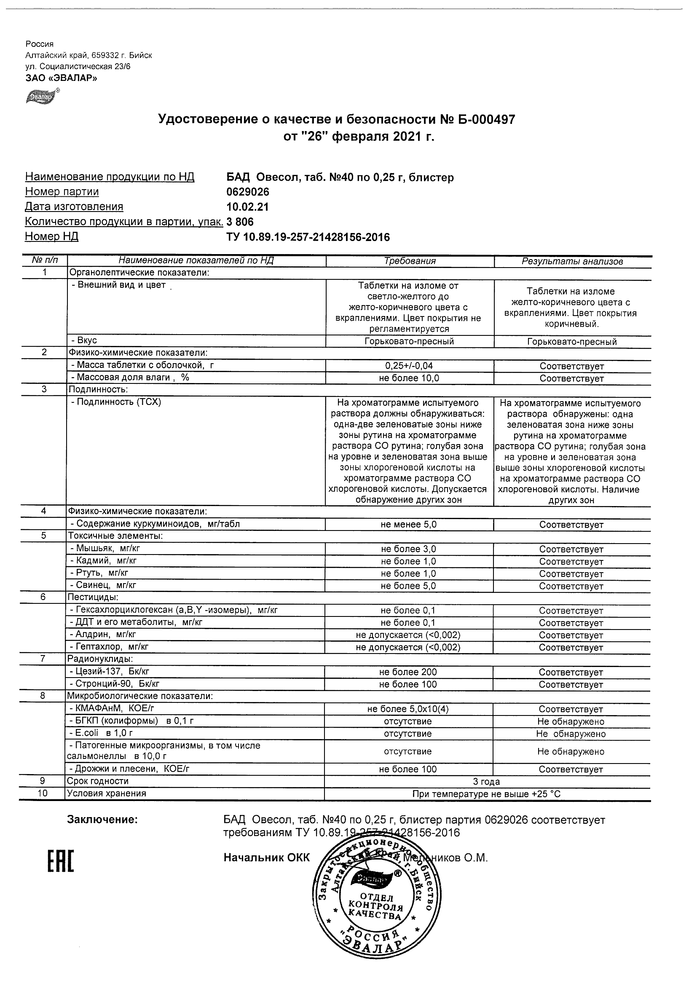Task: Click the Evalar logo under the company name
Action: (x=42, y=97)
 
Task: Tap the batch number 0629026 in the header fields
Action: (x=248, y=192)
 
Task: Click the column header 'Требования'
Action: (x=410, y=261)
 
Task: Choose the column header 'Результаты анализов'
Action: (x=572, y=262)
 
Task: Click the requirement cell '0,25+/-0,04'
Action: (x=408, y=366)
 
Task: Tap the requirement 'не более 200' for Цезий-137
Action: (x=407, y=672)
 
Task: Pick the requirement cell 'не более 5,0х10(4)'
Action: (x=407, y=709)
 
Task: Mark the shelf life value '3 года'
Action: (x=486, y=781)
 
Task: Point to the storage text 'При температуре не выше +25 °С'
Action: (x=486, y=793)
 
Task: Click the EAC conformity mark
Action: (x=60, y=860)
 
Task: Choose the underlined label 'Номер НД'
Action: (x=51, y=237)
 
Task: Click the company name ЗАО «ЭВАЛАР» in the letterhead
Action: (x=61, y=78)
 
